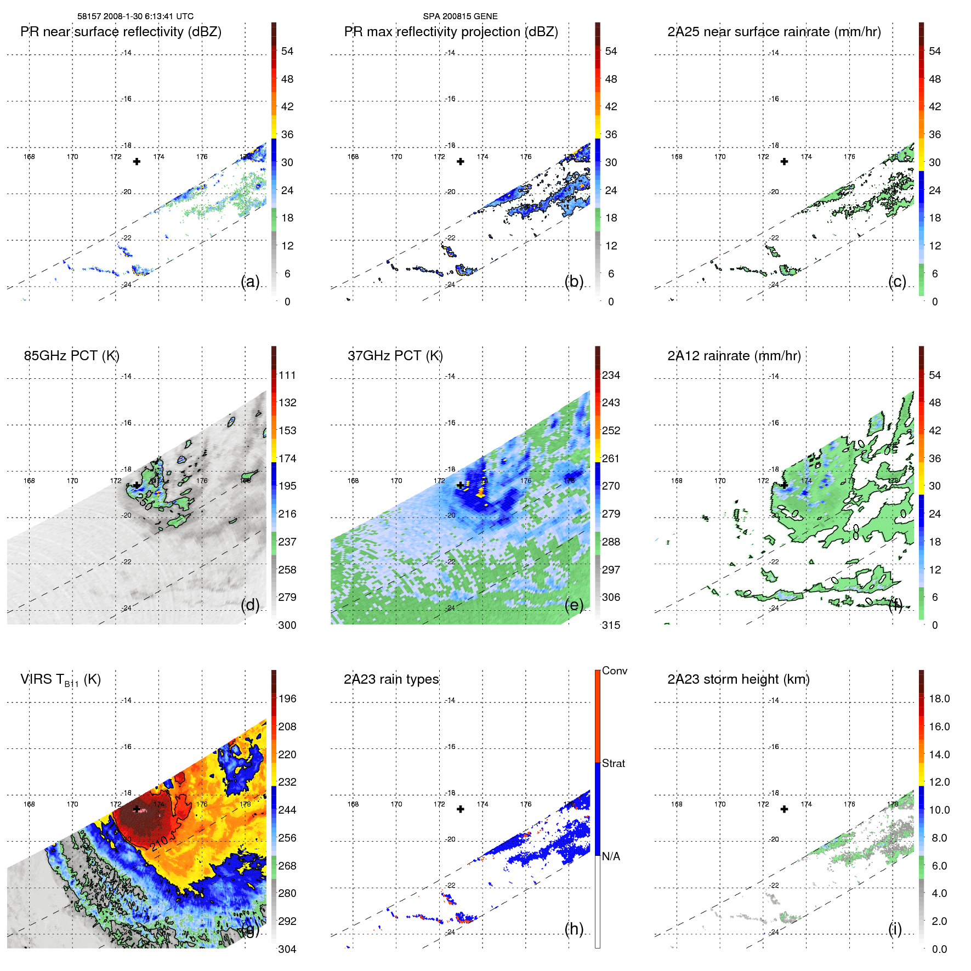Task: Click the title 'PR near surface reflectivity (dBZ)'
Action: pos(121,32)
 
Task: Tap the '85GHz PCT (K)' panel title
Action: pos(71,356)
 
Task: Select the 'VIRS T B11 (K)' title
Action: pos(60,680)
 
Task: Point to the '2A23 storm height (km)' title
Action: pos(738,679)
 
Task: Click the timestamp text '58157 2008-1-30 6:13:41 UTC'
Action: pos(135,16)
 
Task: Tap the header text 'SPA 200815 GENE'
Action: pos(460,16)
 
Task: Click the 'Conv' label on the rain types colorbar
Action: pos(614,671)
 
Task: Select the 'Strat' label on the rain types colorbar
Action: pos(613,763)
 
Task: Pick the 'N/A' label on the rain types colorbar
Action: pos(611,856)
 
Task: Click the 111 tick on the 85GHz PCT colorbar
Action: pos(287,376)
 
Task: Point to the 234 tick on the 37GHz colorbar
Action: pos(611,376)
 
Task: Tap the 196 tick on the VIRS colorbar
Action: pos(287,699)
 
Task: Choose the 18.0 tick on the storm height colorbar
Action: pos(939,699)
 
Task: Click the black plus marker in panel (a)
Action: pos(137,162)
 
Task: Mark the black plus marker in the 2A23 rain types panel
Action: pos(461,809)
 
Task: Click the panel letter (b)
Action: pos(573,281)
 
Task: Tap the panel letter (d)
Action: pos(250,605)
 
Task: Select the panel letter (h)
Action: pos(573,929)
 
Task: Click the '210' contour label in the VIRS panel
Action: pos(160,843)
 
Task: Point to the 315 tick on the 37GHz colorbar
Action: pos(611,625)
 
